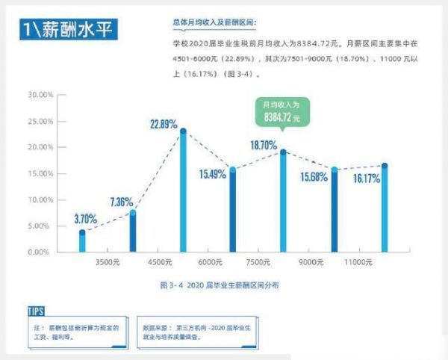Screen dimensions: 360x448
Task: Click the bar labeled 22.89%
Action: point(183,192)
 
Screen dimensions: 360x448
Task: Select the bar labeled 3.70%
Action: point(82,242)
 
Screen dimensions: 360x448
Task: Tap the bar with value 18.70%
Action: point(283,202)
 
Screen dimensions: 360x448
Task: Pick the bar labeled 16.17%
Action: point(385,208)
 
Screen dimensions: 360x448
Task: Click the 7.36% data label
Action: point(121,202)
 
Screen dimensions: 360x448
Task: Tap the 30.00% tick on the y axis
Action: point(38,95)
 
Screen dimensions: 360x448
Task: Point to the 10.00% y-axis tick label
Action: point(38,200)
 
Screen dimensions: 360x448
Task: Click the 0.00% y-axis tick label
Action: point(40,252)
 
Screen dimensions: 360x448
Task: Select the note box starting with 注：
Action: point(72,332)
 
